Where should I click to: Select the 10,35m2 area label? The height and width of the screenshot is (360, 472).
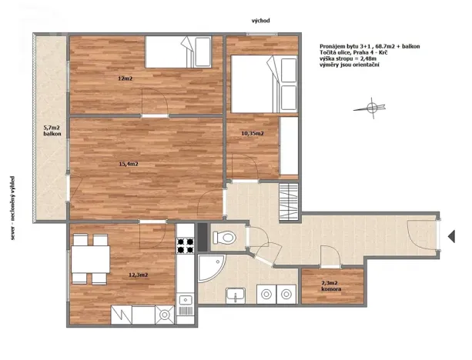coord(253,133)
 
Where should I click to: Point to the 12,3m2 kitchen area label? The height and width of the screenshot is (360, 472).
coord(138,275)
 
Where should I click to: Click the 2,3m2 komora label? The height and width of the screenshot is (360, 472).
coord(330,287)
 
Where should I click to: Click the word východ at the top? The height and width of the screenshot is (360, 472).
coord(259,21)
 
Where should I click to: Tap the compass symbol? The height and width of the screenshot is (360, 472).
coord(373,106)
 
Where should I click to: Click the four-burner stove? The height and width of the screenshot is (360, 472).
coord(186,245)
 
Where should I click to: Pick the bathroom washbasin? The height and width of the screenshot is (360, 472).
coord(236,294)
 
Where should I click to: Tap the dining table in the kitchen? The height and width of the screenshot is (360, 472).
coord(90,260)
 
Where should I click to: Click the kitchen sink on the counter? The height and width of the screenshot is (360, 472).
coord(185,302)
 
